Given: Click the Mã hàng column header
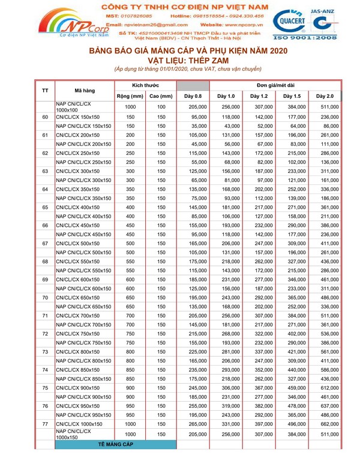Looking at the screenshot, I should pos(83,91).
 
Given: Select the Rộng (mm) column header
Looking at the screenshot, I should pos(130,96).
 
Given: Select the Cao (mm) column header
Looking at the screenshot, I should pos(161,96).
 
